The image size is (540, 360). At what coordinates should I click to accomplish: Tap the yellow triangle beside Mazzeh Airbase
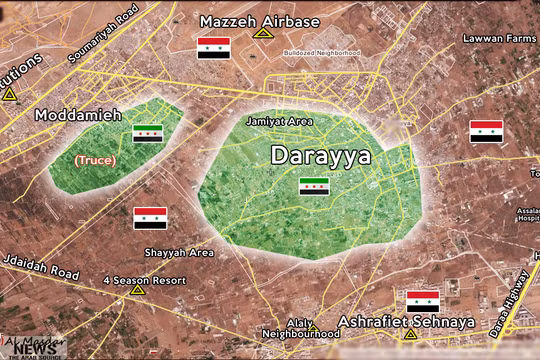click(x=262, y=34)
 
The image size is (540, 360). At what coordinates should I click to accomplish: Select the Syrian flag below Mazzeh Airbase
click(x=214, y=46)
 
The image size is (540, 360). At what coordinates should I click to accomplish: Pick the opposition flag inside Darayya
click(x=313, y=185)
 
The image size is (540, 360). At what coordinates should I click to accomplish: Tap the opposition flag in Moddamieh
click(x=147, y=133)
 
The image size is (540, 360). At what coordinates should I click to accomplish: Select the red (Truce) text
click(x=95, y=160)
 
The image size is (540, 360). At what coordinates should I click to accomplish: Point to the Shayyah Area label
click(x=179, y=252)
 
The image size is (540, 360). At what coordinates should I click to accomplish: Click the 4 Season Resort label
click(x=145, y=280)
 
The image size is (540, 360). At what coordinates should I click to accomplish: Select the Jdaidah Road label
click(x=39, y=273)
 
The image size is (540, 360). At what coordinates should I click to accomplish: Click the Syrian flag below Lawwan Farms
click(x=486, y=132)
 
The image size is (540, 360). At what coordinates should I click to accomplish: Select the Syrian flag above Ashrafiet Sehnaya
click(x=422, y=301)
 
